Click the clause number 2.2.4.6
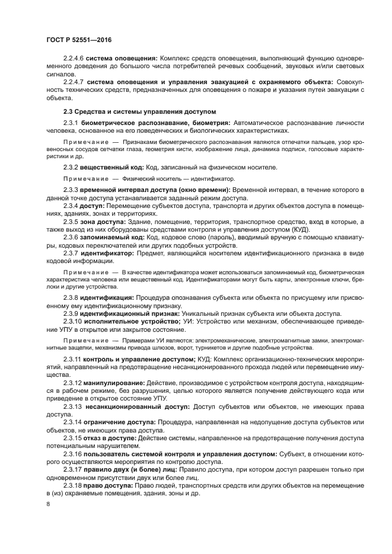point(74,58)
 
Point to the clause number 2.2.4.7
point(74,81)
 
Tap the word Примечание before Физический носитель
point(84,178)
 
